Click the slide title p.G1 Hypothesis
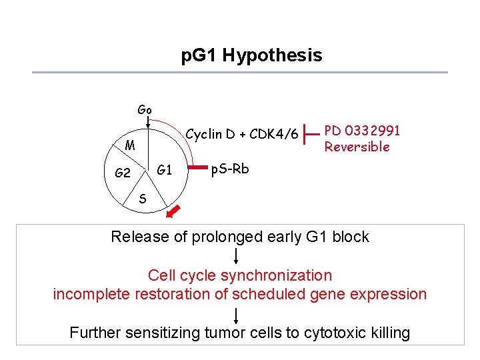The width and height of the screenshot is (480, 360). (251, 55)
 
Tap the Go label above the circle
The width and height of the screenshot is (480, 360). (145, 109)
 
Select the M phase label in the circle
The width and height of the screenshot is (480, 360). (131, 145)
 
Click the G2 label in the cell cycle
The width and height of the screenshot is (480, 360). (123, 173)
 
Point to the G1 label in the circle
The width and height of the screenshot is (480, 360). (164, 170)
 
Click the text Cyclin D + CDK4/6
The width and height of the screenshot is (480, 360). (241, 134)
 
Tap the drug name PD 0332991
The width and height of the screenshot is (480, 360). (361, 132)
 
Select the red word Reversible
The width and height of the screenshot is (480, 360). (357, 147)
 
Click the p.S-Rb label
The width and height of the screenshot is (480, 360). (230, 169)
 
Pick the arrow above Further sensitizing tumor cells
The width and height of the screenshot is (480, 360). (237, 315)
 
